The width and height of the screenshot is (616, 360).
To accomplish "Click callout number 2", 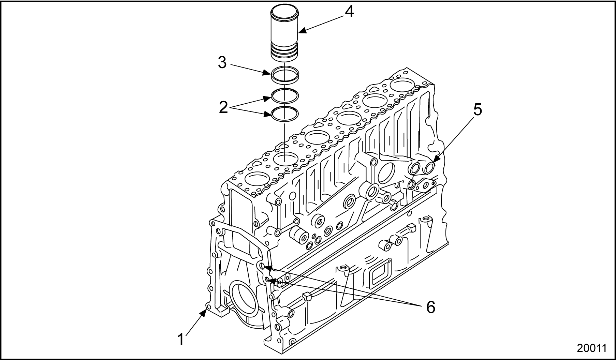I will [223, 107].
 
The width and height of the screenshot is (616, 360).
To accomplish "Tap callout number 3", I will [222, 63].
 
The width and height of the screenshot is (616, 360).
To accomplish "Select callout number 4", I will [349, 12].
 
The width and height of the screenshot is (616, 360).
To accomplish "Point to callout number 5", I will [478, 110].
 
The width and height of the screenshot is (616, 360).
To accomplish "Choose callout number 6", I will [431, 307].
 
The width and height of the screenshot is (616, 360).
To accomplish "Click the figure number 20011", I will [592, 348].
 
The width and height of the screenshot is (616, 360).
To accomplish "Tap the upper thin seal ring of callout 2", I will [285, 95].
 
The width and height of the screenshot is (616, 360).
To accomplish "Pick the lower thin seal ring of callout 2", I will [285, 113].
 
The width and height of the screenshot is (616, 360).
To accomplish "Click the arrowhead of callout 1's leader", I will [205, 311].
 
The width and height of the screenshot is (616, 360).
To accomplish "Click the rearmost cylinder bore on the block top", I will [403, 84].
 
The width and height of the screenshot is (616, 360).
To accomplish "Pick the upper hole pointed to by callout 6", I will [262, 266].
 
